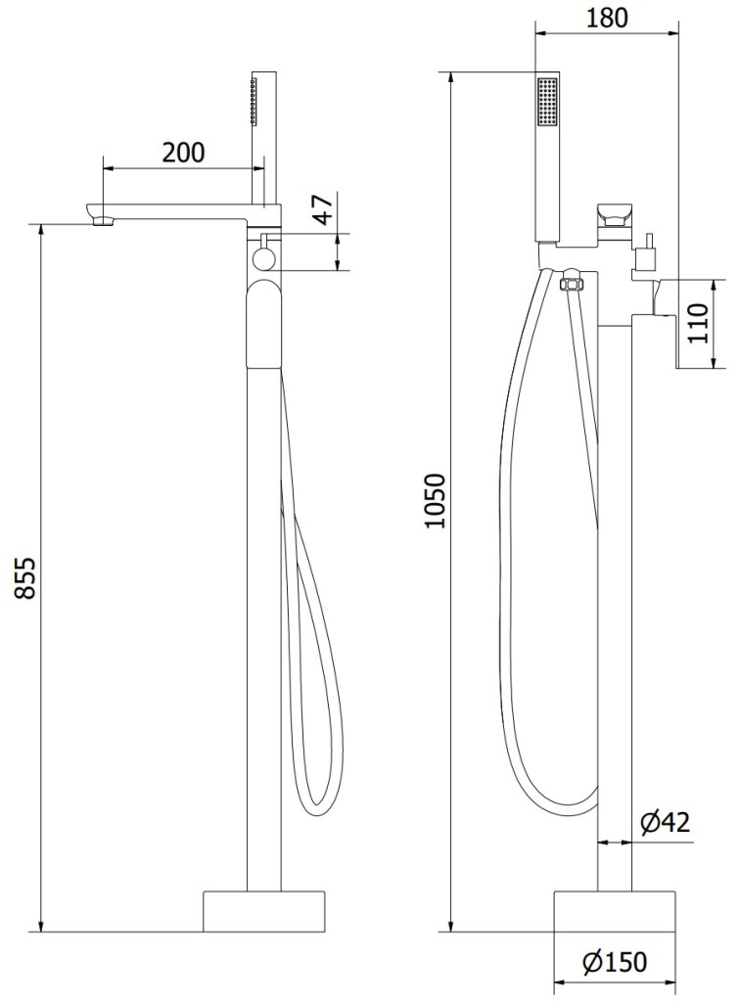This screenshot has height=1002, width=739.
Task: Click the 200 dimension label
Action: tap(183, 153)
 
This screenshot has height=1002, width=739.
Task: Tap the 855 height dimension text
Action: tap(26, 577)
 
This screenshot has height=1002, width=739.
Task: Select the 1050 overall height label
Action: tap(436, 501)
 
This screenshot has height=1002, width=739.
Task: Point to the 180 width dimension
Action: tap(607, 18)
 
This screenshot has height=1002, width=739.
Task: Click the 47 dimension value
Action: tap(323, 208)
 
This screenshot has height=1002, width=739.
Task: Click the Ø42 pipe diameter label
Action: tap(666, 822)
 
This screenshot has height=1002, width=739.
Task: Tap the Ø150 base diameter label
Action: tap(615, 961)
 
